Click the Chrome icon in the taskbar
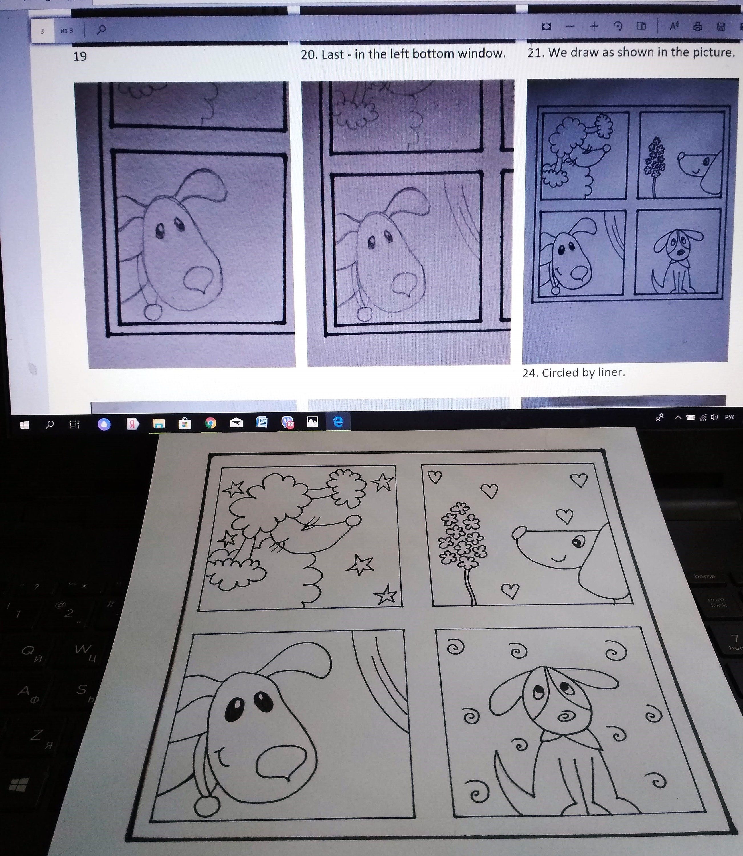(210, 423)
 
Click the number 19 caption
(80, 56)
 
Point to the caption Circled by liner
(573, 372)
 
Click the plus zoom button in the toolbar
(594, 26)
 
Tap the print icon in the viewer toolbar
(697, 27)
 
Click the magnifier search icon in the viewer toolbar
(101, 29)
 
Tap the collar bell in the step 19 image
(153, 312)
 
